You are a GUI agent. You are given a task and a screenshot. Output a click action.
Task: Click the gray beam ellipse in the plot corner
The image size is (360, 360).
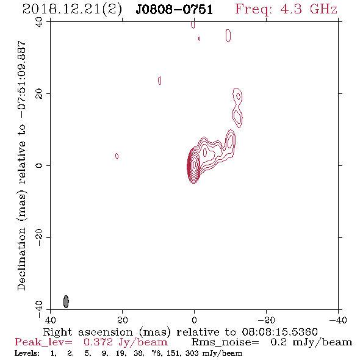(66, 301)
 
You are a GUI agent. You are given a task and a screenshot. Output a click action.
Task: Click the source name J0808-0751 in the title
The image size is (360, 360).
(175, 9)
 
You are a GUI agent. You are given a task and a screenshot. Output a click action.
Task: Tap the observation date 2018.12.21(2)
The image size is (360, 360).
(72, 10)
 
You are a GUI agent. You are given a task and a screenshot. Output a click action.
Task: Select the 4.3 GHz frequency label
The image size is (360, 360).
(286, 9)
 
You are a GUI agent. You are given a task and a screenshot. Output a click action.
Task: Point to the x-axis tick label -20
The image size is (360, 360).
(266, 320)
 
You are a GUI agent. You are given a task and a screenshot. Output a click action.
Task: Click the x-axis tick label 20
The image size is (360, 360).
(123, 320)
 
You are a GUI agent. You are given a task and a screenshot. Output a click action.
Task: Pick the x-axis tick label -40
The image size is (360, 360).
(338, 320)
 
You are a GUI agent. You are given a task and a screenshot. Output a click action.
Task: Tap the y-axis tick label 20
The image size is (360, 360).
(39, 94)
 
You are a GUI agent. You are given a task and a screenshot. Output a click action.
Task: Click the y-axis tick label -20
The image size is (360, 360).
(39, 237)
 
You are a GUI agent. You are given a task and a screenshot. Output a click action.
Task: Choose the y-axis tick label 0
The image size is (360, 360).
(39, 165)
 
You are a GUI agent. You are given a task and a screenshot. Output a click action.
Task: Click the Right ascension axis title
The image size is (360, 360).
(180, 332)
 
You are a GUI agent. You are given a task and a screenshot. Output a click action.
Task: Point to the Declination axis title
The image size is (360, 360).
(21, 165)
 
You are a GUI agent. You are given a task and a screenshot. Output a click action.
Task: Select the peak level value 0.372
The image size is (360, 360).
(98, 342)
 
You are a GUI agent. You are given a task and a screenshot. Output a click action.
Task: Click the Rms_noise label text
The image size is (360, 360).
(225, 342)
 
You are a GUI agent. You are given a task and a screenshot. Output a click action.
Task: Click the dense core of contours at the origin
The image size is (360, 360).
(193, 166)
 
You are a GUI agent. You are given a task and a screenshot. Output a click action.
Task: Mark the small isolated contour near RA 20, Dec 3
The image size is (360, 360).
(117, 156)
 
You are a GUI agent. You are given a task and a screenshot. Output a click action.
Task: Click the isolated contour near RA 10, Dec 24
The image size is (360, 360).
(160, 81)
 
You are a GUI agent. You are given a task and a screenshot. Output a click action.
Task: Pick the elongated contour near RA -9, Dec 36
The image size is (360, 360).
(228, 35)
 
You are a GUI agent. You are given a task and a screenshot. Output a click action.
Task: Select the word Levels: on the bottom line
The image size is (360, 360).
(27, 353)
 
